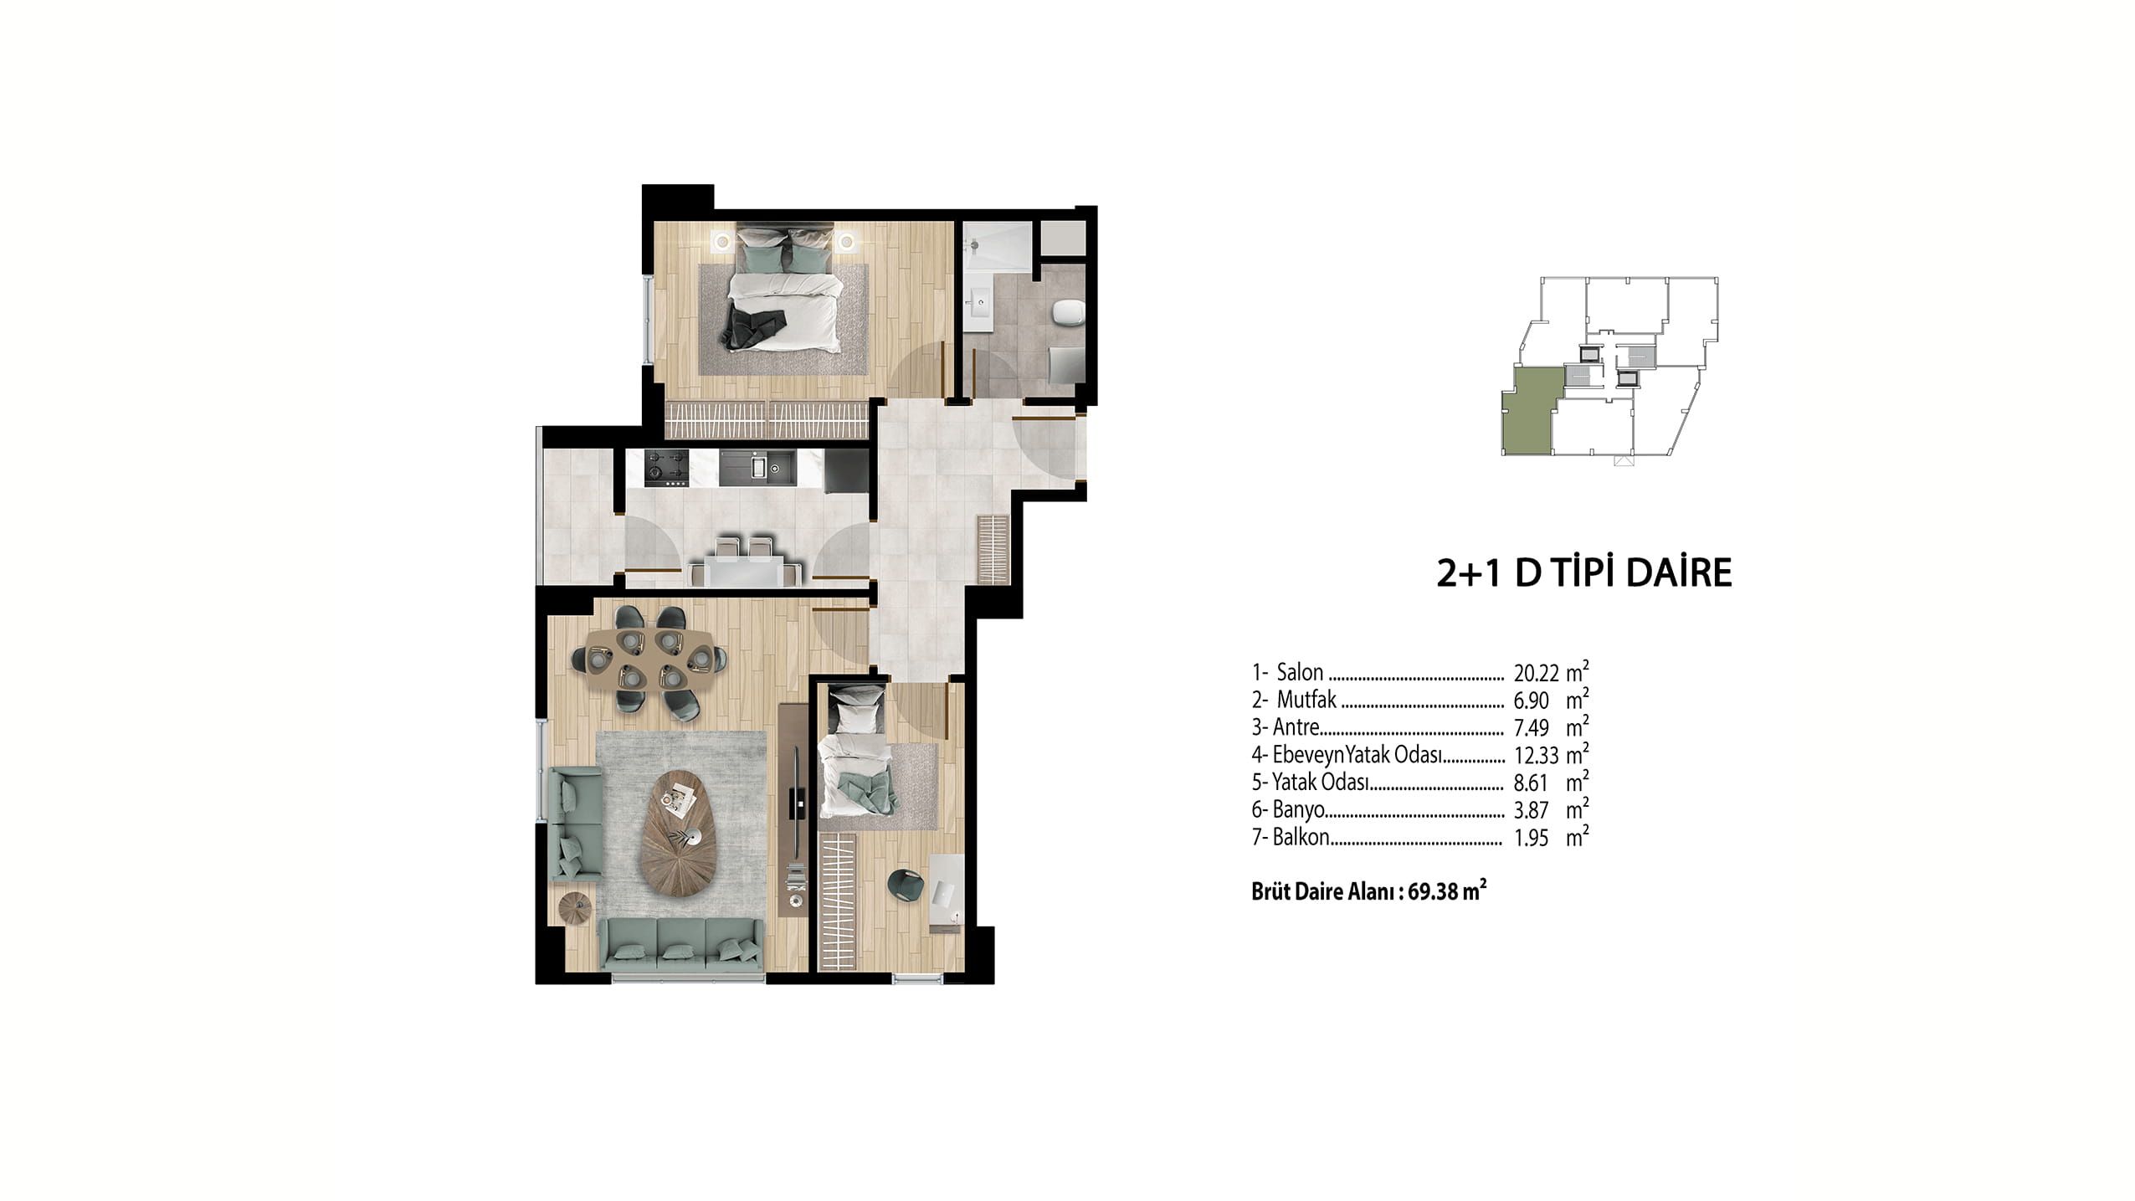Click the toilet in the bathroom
click(x=1067, y=313)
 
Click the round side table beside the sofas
click(x=575, y=909)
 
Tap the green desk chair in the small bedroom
click(x=903, y=885)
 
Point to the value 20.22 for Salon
click(x=1536, y=673)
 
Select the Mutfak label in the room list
click(x=1306, y=700)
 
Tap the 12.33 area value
click(x=1536, y=756)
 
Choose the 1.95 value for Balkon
click(x=1532, y=839)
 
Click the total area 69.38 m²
click(x=1447, y=891)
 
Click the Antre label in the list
click(x=1296, y=727)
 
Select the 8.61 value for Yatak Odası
click(x=1532, y=783)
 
